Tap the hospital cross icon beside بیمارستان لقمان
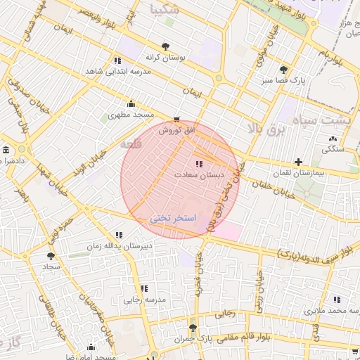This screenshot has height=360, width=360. tap(299, 162)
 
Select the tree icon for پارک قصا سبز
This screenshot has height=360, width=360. tap(283, 70)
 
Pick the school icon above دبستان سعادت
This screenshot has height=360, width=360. tap(199, 163)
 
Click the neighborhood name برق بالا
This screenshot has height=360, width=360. tap(268, 129)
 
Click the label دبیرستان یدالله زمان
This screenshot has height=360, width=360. tap(129, 246)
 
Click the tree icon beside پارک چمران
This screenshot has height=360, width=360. tap(193, 328)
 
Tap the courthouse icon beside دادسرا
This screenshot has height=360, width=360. tap(6, 150)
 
